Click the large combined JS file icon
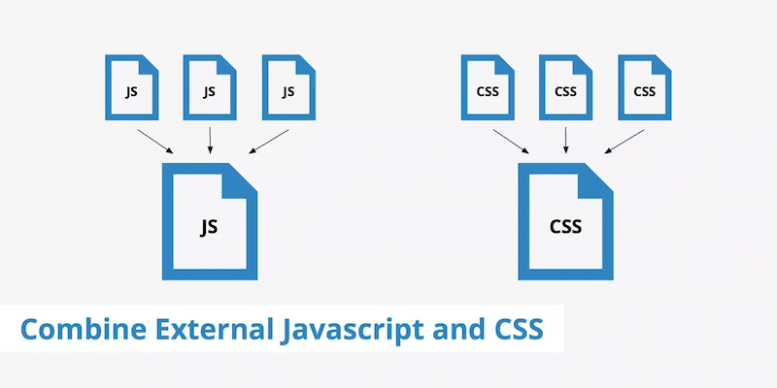(209, 222)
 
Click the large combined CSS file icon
(565, 222)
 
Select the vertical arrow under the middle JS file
(210, 141)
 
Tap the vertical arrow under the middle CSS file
(566, 141)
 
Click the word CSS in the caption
(513, 330)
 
